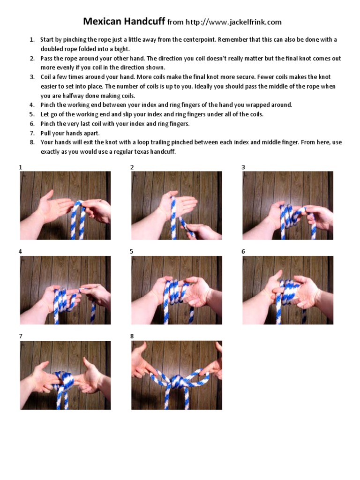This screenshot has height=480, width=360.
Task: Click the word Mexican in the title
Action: tap(102, 21)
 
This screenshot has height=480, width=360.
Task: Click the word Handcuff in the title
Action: tap(144, 22)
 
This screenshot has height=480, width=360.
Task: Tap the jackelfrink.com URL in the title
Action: tap(234, 22)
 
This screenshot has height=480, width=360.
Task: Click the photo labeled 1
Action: tap(65, 205)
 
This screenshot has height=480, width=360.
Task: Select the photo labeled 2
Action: tap(177, 205)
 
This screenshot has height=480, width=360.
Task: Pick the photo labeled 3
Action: tap(288, 205)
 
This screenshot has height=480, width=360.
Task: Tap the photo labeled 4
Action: tap(65, 290)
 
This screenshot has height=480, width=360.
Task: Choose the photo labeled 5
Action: tap(177, 290)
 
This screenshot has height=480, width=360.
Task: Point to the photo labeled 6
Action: tap(288, 290)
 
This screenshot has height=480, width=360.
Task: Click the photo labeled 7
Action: tap(65, 375)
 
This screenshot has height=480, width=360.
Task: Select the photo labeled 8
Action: tap(177, 375)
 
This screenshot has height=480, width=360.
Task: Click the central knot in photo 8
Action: tap(177, 382)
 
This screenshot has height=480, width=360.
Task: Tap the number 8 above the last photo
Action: tap(132, 336)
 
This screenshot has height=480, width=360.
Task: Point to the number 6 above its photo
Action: tap(243, 251)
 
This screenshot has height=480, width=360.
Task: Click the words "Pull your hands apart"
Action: tap(70, 134)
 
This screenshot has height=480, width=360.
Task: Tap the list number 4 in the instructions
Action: tap(31, 105)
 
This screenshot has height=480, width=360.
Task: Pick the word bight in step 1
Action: tap(121, 49)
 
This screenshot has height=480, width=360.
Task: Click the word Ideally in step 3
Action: tap(204, 86)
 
